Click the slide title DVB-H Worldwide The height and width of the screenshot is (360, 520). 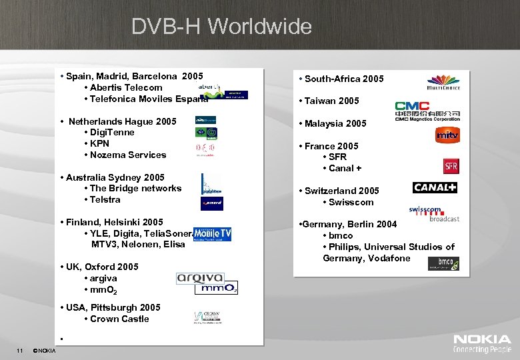pyautogui.click(x=221, y=26)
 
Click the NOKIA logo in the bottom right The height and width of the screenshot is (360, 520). pyautogui.click(x=482, y=344)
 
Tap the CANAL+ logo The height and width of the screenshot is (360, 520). pyautogui.click(x=435, y=187)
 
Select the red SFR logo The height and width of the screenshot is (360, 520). pyautogui.click(x=451, y=166)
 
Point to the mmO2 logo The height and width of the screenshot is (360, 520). pyautogui.click(x=215, y=289)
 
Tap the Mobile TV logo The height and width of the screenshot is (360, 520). pyautogui.click(x=212, y=234)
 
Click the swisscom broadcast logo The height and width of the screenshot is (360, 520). pyautogui.click(x=434, y=213)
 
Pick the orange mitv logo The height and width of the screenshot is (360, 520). pyautogui.click(x=447, y=136)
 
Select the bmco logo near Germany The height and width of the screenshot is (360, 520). pyautogui.click(x=443, y=263)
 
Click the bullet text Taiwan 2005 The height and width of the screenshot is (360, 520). pyautogui.click(x=331, y=101)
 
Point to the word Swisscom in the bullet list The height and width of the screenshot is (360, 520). pyautogui.click(x=351, y=202)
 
